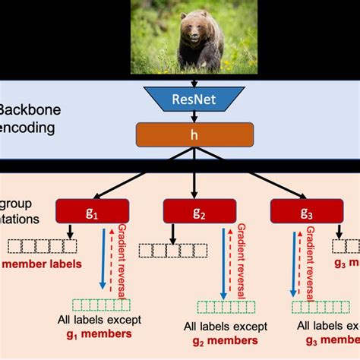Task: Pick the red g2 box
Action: pos(199,213)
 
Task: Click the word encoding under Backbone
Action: pos(27,128)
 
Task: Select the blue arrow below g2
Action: pos(222,263)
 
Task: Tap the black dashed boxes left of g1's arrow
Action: pos(43,246)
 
